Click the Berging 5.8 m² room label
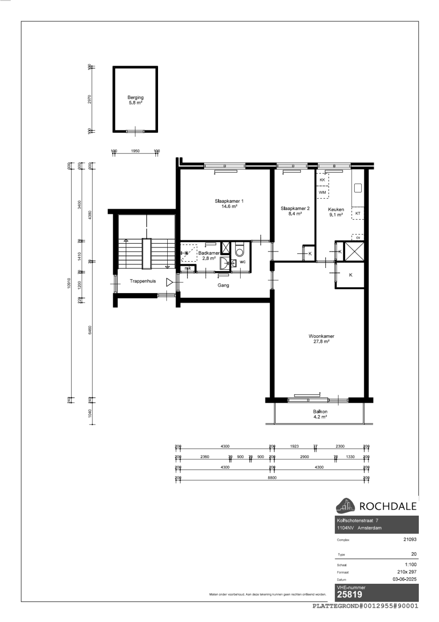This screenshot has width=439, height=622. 135,100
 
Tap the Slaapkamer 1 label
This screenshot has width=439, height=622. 229,204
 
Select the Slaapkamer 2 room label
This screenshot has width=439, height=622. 295,211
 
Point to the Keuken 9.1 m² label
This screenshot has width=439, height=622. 336,212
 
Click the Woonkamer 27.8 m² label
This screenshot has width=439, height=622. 321,338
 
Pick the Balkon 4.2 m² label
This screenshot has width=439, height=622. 320,414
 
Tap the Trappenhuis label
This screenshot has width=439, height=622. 143,281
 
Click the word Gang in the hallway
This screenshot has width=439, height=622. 223,285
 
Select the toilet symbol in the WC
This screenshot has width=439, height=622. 239,250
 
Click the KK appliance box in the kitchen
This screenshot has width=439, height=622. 322,180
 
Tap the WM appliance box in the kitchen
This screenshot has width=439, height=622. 322,193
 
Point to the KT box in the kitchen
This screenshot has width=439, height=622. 358,214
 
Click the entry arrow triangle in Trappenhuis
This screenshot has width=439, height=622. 169,283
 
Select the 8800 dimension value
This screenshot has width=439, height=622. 272,478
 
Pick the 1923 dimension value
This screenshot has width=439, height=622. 294,446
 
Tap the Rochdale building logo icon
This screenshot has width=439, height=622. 345,506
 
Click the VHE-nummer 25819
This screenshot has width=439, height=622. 349,595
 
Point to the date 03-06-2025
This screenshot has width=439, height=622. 404,579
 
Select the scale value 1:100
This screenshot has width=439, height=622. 410,565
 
